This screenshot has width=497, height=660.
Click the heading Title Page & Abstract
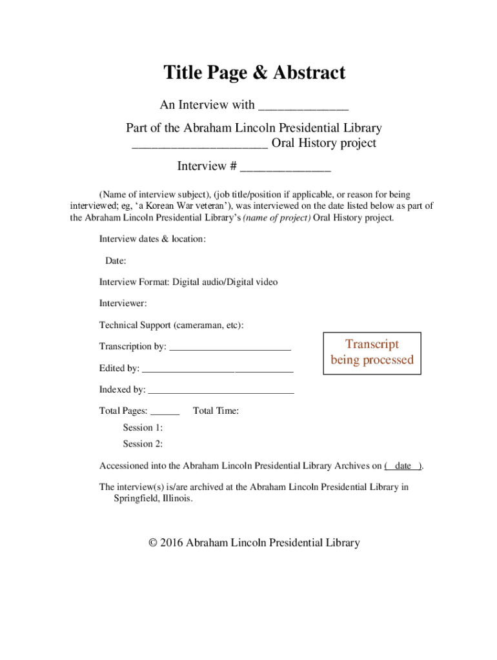click(x=254, y=73)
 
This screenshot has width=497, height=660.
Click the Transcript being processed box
click(x=372, y=353)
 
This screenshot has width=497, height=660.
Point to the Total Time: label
click(x=216, y=411)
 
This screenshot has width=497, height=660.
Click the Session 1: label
click(x=143, y=427)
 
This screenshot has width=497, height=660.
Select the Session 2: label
click(x=143, y=443)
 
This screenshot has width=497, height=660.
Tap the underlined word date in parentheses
click(x=403, y=466)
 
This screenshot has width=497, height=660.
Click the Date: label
click(x=116, y=261)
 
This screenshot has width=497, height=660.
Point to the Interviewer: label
click(x=123, y=303)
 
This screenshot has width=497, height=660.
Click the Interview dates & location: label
click(x=152, y=239)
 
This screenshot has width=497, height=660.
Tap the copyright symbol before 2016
click(x=152, y=543)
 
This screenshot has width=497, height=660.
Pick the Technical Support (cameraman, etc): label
click(x=171, y=325)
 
